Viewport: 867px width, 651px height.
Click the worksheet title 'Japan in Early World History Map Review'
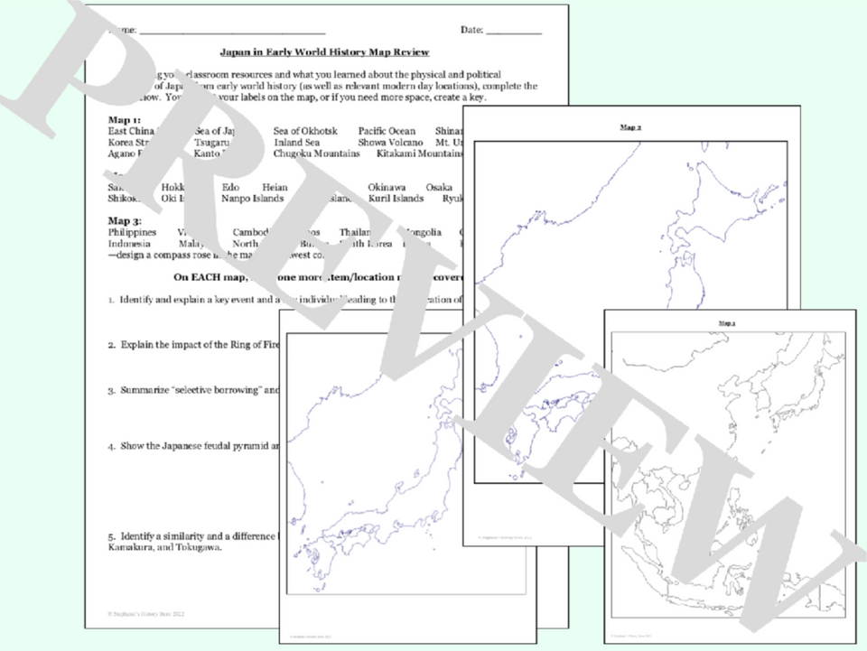pyautogui.click(x=324, y=52)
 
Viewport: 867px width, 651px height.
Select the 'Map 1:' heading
pyautogui.click(x=124, y=119)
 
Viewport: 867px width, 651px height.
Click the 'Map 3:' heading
pyautogui.click(x=124, y=220)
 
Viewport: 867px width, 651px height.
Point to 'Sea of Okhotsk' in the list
pyautogui.click(x=305, y=131)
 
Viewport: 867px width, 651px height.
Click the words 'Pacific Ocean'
pyautogui.click(x=387, y=131)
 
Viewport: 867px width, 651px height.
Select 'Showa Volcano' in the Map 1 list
pyautogui.click(x=387, y=142)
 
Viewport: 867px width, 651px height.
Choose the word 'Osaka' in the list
pyautogui.click(x=439, y=187)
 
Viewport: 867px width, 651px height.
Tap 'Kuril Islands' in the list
pyautogui.click(x=396, y=199)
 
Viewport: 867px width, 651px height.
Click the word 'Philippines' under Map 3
pyautogui.click(x=131, y=232)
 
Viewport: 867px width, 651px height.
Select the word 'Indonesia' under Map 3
pyautogui.click(x=129, y=244)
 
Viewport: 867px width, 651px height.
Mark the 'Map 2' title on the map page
pyautogui.click(x=630, y=128)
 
